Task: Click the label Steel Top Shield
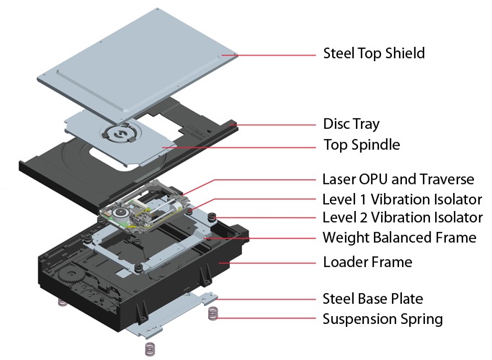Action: point(373,53)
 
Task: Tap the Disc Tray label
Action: point(351,124)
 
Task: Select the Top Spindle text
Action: point(361,145)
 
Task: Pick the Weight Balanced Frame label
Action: point(399,237)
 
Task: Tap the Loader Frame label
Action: point(367,262)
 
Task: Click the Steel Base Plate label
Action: point(372,298)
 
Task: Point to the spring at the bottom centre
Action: point(150,348)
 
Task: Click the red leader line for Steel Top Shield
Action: point(274,54)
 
